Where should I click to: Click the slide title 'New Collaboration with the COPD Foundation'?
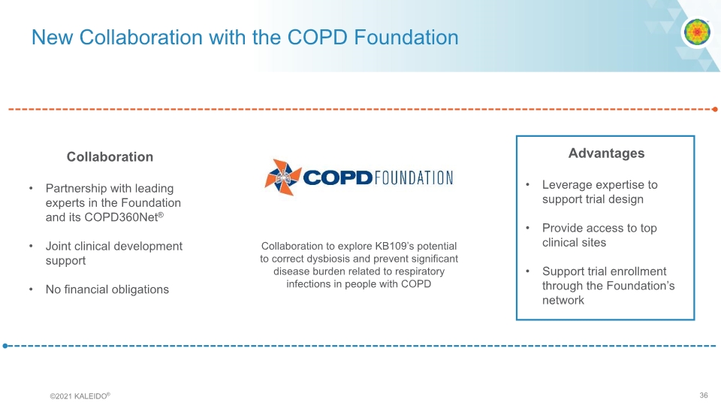[x=244, y=37]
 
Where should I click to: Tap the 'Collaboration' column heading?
[x=110, y=156]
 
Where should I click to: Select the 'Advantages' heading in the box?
[x=606, y=153]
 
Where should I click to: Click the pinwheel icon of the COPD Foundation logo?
[x=282, y=177]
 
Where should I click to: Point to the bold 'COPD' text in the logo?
[x=338, y=178]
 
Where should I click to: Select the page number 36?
[x=703, y=395]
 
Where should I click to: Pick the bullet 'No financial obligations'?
[x=107, y=289]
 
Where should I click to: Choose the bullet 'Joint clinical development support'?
[x=113, y=253]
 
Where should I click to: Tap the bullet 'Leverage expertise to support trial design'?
[x=599, y=192]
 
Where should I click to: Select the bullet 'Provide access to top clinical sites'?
[x=599, y=235]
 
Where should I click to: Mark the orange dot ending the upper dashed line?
[x=714, y=110]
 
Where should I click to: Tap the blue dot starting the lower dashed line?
[x=5, y=346]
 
